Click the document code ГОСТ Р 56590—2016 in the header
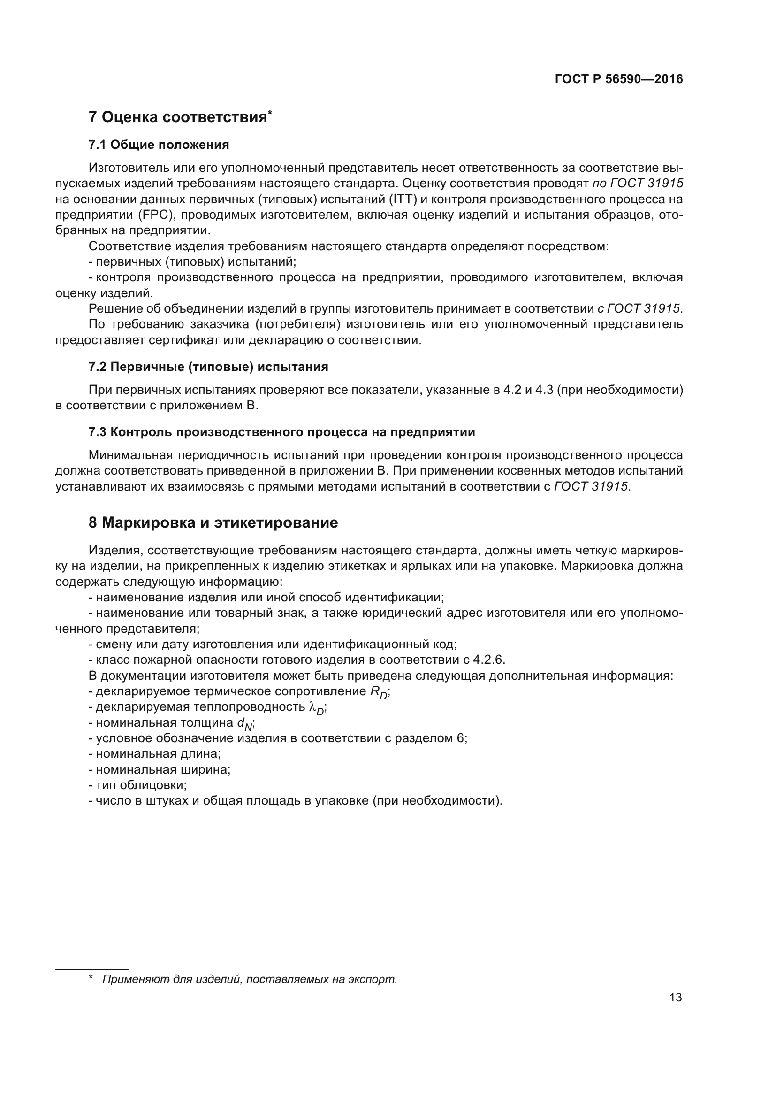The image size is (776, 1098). [x=618, y=79]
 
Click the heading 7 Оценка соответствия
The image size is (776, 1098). [x=178, y=117]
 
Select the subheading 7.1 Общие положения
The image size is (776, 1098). [x=159, y=145]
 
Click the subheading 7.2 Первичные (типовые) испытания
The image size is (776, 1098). [x=208, y=367]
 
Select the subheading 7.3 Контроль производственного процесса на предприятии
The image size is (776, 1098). [x=282, y=432]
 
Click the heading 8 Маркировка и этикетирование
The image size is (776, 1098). [x=213, y=522]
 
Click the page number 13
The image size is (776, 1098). [x=675, y=997]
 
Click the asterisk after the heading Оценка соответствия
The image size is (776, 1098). [x=270, y=112]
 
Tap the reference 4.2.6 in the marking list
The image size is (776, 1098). [x=488, y=660]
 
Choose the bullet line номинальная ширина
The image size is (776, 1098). [x=160, y=769]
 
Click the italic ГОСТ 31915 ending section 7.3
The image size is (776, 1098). [x=591, y=486]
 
